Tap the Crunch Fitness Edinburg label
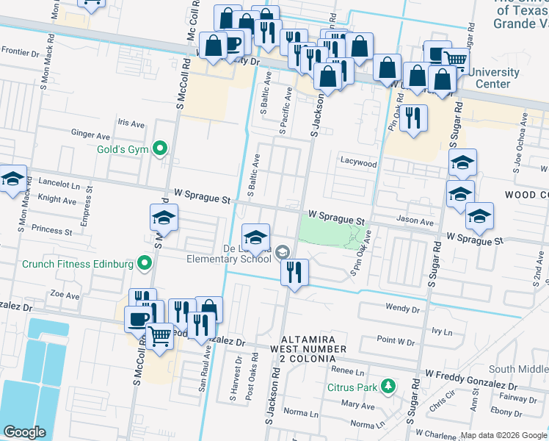tap(77, 264)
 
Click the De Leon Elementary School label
tap(229, 254)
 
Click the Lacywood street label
tap(358, 163)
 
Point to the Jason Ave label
tap(415, 220)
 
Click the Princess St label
tap(51, 230)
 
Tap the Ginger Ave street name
tap(90, 135)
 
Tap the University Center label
tap(494, 78)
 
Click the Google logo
tap(25, 431)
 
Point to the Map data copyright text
tap(503, 435)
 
